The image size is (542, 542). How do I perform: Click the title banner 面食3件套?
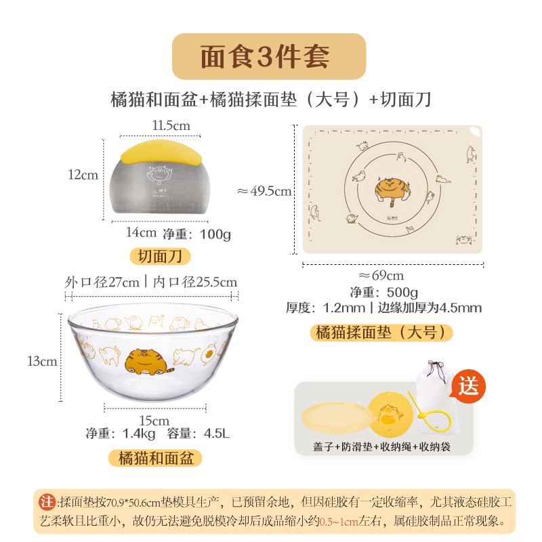pos(269,57)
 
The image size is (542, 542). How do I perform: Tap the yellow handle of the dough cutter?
pos(160,153)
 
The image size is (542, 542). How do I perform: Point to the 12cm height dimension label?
pos(83,175)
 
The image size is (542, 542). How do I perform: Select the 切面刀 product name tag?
pos(160,256)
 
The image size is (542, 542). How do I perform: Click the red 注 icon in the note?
pos(47,502)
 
